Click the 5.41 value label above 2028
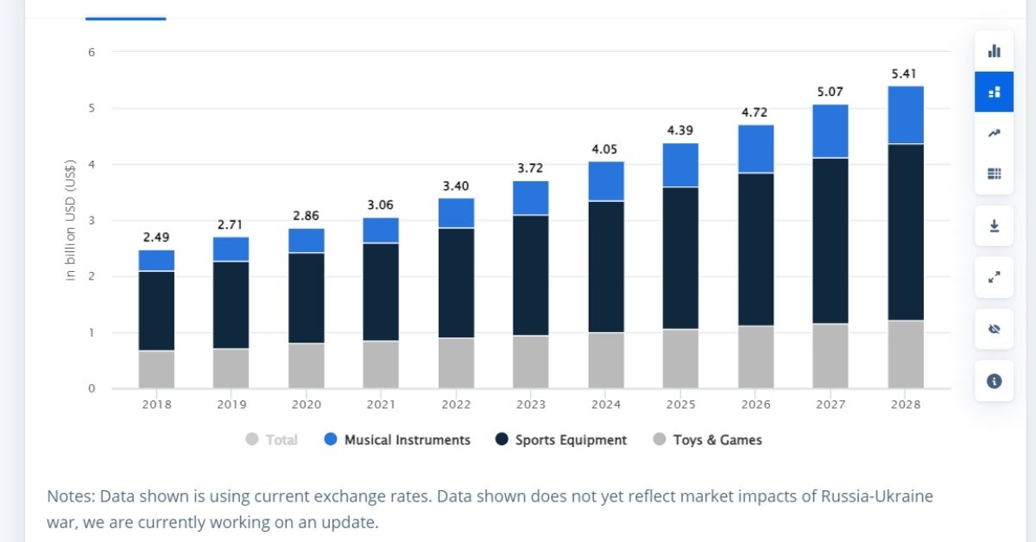click(904, 74)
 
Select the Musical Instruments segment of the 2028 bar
click(906, 115)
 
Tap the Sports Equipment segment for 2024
click(606, 267)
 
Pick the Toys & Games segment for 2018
click(156, 369)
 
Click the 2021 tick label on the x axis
click(381, 404)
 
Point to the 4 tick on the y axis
click(91, 164)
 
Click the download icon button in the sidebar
click(994, 226)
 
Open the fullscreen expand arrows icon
click(994, 278)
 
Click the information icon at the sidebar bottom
click(994, 381)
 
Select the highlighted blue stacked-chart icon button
click(994, 91)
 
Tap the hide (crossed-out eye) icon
click(994, 329)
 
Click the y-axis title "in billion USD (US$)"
click(71, 220)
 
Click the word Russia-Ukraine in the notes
click(875, 496)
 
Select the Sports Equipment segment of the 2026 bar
click(755, 249)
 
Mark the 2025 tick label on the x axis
click(680, 404)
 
